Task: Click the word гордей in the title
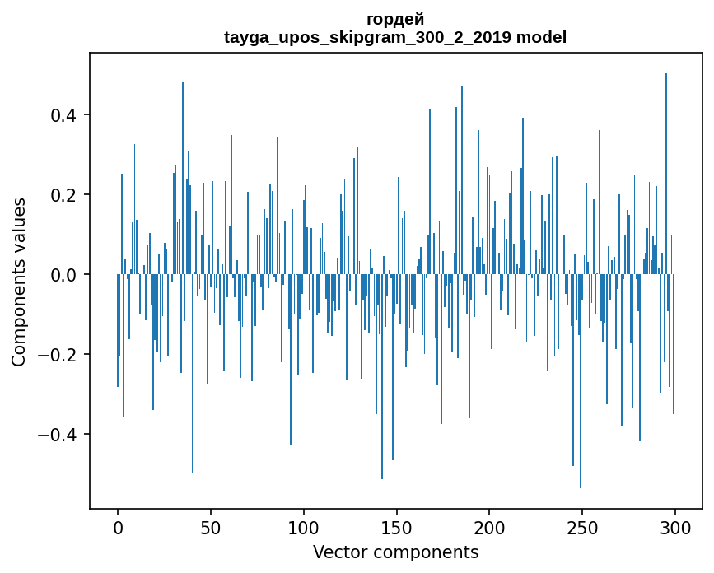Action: (395, 20)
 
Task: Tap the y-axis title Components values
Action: (20, 282)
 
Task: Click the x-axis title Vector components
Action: (395, 552)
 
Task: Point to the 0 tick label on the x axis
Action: (118, 527)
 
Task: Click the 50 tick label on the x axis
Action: (211, 527)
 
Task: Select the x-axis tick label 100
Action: (304, 527)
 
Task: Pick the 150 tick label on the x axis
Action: (397, 527)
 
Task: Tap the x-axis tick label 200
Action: (490, 527)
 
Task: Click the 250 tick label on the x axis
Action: (582, 527)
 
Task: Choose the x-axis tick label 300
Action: (675, 527)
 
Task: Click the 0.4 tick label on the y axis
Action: (68, 114)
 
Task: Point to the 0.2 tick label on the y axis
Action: (68, 194)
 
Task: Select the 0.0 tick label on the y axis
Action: (68, 274)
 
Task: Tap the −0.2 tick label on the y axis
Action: (62, 354)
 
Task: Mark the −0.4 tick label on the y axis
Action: (62, 434)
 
